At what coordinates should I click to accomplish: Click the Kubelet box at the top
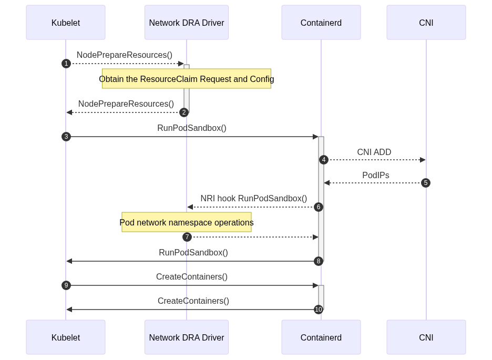66,22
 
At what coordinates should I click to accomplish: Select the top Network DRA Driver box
187,22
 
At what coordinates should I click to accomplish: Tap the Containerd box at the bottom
321,337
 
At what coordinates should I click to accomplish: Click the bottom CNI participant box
426,337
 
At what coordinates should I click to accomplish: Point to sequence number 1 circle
66,64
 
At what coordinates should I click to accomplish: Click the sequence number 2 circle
184,112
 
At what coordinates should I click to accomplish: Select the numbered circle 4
324,160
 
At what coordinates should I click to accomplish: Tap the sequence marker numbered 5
426,183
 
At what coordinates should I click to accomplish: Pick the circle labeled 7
187,237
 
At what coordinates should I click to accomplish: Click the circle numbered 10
319,310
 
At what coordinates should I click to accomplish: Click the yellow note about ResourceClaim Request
187,79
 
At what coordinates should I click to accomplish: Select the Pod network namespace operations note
187,222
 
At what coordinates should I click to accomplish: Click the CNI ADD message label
374,152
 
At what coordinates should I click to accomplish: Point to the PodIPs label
376,176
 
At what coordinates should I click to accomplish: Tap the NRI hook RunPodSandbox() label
253,199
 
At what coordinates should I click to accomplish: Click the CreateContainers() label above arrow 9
192,276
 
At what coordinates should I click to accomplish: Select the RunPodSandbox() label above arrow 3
192,128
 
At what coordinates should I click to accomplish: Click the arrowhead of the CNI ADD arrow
423,160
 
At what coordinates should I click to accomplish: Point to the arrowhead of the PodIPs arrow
327,183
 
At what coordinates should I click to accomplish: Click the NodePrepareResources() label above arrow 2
126,104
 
